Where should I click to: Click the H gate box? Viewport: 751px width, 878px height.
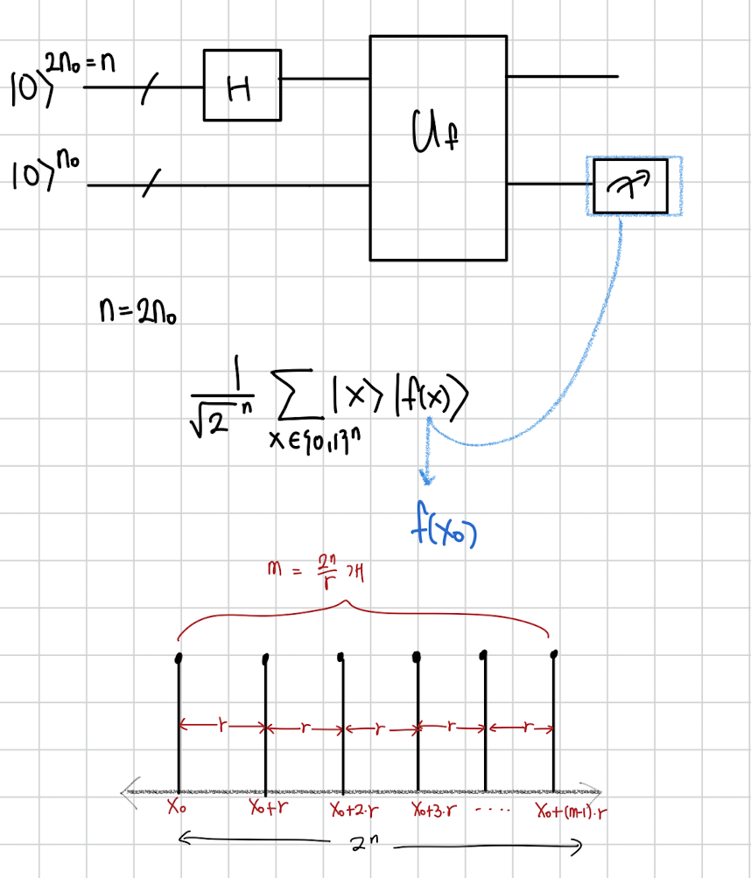pyautogui.click(x=242, y=85)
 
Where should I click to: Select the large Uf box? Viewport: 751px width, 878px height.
pyautogui.click(x=438, y=147)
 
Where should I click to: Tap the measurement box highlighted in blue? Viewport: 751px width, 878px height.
pyautogui.click(x=634, y=185)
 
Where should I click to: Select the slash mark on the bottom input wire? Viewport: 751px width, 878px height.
pyautogui.click(x=151, y=185)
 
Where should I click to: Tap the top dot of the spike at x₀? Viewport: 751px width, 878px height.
pyautogui.click(x=179, y=657)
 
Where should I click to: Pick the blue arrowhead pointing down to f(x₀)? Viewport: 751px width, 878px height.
pyautogui.click(x=426, y=477)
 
